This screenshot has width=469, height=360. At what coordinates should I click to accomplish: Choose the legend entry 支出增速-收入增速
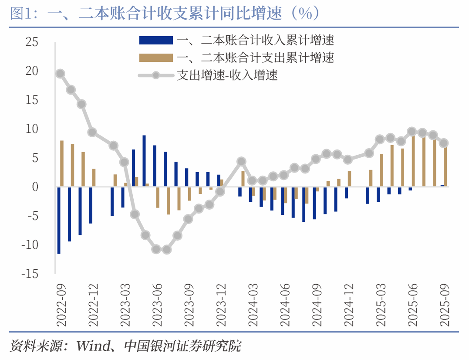[227, 75]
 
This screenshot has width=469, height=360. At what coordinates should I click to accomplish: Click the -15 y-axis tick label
[29, 274]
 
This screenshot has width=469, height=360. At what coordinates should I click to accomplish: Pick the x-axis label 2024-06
[285, 305]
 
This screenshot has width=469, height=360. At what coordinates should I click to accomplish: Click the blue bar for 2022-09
[59, 220]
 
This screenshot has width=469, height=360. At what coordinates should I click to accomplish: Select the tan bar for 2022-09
[62, 163]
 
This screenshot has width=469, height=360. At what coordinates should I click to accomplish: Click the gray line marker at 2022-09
[60, 74]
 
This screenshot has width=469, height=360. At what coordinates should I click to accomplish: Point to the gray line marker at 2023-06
[156, 249]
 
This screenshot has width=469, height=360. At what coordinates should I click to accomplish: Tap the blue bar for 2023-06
[155, 166]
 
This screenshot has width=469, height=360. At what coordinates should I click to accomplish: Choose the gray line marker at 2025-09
[444, 143]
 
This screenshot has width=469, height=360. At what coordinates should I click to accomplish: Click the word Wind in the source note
[93, 346]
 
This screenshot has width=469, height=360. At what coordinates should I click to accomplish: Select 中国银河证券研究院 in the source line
[182, 346]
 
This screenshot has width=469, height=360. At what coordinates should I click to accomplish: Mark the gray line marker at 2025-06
[412, 132]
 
